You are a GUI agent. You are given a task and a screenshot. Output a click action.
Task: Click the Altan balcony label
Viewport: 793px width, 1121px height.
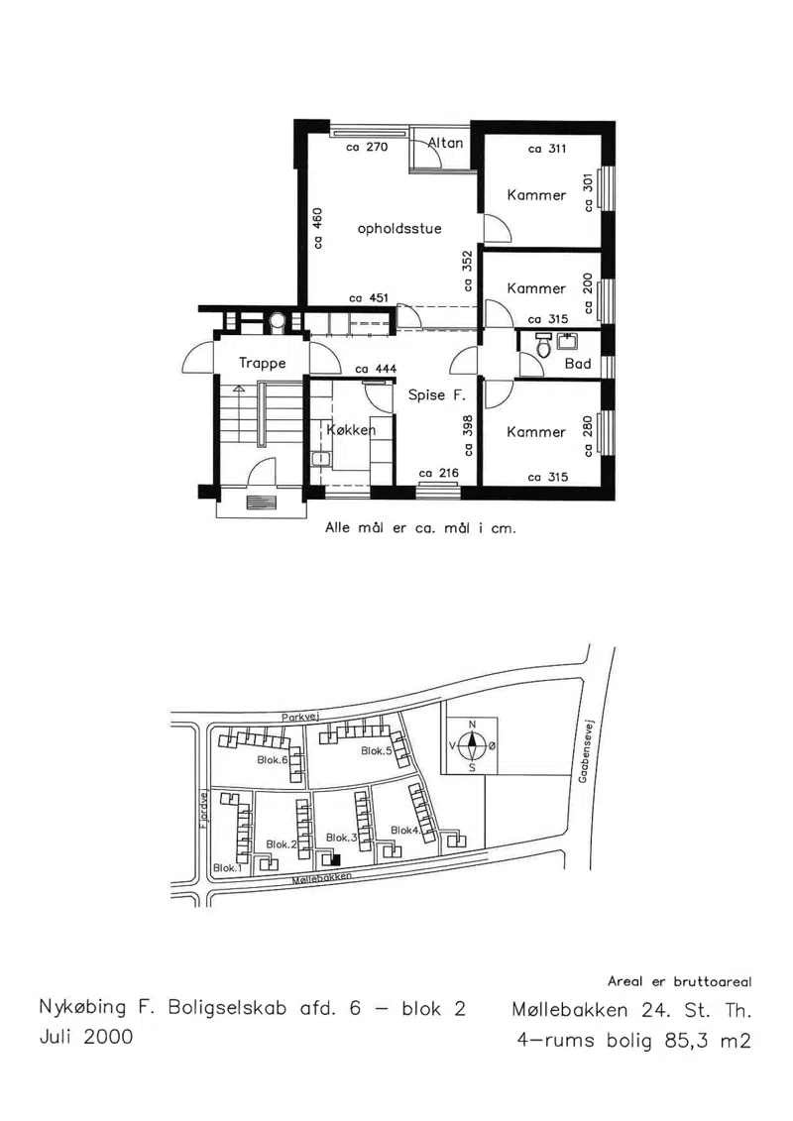coord(445,143)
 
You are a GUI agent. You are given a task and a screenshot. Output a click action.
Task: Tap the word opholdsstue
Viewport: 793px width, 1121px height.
coord(399,229)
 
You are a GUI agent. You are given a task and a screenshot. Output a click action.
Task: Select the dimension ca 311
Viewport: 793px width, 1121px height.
coord(547,149)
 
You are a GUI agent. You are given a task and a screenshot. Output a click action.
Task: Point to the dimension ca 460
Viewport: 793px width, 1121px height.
coord(318,228)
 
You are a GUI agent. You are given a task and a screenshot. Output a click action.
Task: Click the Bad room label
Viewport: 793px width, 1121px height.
coord(578,364)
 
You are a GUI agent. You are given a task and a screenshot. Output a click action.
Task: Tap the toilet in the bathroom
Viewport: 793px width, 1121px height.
coord(543,345)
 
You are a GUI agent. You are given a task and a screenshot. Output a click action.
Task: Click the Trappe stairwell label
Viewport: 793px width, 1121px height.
coord(263,363)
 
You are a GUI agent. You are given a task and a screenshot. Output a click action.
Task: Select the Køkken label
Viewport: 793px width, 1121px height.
coord(350,430)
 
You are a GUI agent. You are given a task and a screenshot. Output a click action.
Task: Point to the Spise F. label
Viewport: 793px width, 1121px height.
coord(436,394)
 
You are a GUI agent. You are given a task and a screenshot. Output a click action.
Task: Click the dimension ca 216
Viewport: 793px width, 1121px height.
coord(438,473)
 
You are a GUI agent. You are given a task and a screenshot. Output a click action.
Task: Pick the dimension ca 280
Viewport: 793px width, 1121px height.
coord(588,436)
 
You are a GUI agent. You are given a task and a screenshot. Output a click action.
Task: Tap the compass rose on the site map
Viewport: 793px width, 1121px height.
coord(472,746)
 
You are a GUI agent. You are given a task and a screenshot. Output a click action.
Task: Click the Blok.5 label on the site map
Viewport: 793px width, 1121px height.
coord(376,750)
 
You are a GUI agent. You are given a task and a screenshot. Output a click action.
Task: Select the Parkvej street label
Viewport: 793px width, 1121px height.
coord(299,717)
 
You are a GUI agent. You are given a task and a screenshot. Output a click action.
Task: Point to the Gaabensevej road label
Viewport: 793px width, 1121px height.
coord(584,750)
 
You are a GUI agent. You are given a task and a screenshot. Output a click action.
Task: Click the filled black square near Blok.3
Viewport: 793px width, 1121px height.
coord(335,860)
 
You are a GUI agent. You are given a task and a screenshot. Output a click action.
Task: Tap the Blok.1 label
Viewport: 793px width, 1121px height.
coord(227,868)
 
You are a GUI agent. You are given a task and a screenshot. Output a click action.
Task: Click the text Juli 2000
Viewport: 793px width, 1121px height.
coord(86,1037)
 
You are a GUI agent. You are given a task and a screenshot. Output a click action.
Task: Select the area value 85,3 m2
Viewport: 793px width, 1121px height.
coord(708,1040)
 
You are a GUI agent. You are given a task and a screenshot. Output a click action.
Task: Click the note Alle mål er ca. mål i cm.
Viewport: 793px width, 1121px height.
coord(420,529)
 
